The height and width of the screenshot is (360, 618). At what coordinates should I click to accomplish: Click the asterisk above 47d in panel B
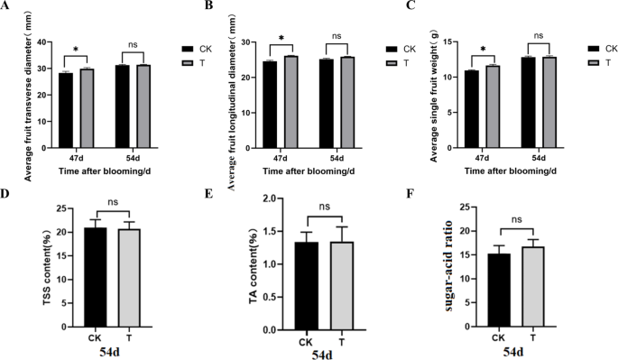click(282, 39)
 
